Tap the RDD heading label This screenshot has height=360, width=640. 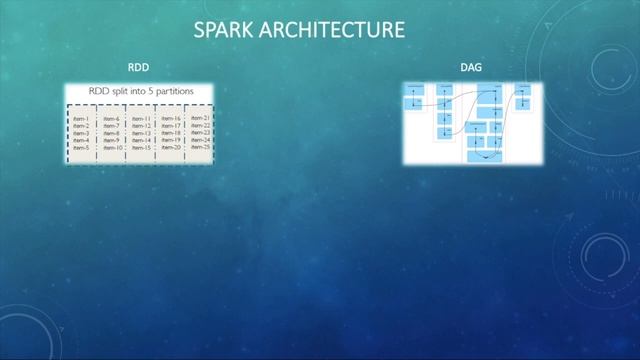[x=138, y=67]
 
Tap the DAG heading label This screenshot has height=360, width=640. [x=472, y=67]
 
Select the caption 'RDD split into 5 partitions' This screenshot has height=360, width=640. [x=140, y=91]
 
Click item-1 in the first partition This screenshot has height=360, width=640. [x=81, y=118]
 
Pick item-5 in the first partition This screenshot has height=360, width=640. [x=81, y=148]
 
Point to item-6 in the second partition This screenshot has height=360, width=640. [x=110, y=118]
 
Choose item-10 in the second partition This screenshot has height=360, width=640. [x=111, y=148]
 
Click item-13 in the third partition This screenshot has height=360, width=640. [x=141, y=133]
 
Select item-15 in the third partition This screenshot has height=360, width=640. [x=141, y=148]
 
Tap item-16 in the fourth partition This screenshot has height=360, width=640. [x=171, y=118]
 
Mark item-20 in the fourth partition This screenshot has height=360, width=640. [x=171, y=148]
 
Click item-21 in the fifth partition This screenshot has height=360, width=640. [x=200, y=118]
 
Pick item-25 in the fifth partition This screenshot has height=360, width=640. [x=200, y=147]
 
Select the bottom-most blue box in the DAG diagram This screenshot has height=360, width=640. [x=486, y=155]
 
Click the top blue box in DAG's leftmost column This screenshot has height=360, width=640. [x=413, y=90]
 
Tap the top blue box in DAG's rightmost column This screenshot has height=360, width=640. [x=522, y=90]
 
